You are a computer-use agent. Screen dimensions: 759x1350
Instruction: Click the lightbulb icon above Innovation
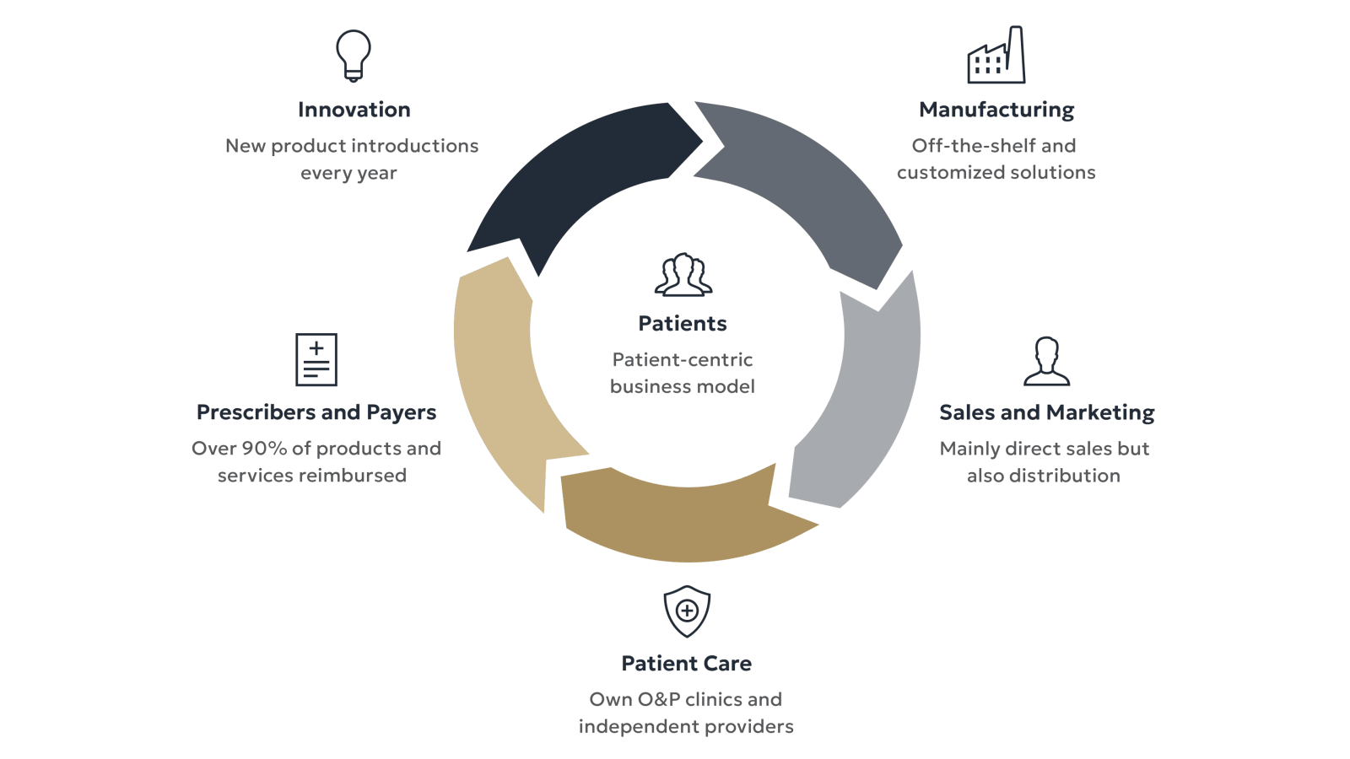click(x=354, y=56)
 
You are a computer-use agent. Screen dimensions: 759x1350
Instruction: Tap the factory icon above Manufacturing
click(x=996, y=56)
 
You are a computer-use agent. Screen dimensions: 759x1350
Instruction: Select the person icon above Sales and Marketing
click(x=1046, y=362)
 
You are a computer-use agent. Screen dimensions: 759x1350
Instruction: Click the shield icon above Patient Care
click(x=687, y=611)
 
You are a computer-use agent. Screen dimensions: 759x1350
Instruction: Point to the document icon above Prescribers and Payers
click(x=316, y=359)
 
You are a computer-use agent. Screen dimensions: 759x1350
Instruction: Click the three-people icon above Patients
click(x=683, y=275)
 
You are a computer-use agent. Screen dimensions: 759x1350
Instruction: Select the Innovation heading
click(x=354, y=110)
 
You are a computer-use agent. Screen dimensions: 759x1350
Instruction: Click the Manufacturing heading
click(x=996, y=110)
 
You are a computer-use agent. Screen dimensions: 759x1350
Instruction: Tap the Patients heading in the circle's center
click(x=683, y=324)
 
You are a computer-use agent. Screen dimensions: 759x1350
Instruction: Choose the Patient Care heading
click(x=686, y=664)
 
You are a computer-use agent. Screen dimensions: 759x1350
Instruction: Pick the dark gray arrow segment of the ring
click(x=810, y=186)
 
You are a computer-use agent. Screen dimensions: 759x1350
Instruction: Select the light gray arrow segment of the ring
click(x=869, y=396)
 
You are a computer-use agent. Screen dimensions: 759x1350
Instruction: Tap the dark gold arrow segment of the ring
click(x=683, y=519)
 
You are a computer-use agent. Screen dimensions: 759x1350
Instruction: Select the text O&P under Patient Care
click(x=658, y=700)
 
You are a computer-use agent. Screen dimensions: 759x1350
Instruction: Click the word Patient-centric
click(x=683, y=360)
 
